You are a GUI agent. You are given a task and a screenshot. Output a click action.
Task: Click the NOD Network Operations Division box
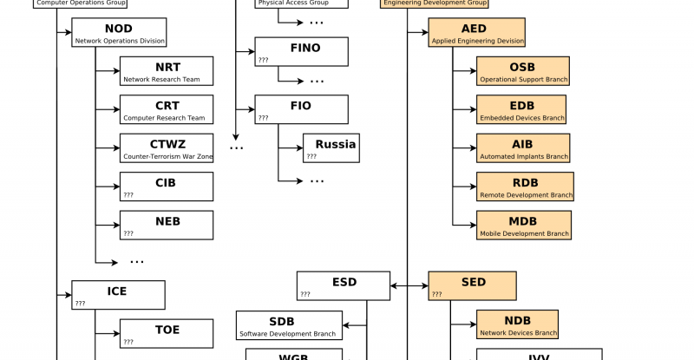(x=119, y=33)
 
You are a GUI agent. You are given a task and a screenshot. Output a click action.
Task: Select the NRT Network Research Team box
(x=167, y=71)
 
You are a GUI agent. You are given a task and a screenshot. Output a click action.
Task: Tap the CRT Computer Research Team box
(x=167, y=109)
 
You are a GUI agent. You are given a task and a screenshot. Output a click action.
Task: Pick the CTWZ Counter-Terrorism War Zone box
(x=167, y=148)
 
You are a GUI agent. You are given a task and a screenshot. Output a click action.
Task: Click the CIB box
(x=167, y=187)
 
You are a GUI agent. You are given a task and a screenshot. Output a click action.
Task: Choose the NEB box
(x=167, y=225)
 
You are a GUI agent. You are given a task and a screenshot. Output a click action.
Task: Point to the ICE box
(x=118, y=295)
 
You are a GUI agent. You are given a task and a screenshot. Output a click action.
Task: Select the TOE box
(x=167, y=334)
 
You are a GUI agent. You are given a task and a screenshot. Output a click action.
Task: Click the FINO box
(x=301, y=52)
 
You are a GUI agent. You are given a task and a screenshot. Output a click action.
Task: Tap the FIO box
(x=301, y=110)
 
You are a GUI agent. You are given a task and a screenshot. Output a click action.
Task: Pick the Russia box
(x=331, y=148)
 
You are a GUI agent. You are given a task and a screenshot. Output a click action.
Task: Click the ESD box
(x=344, y=286)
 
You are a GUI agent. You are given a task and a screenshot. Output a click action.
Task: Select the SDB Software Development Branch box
(x=289, y=325)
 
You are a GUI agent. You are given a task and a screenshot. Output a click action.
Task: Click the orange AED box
(x=476, y=33)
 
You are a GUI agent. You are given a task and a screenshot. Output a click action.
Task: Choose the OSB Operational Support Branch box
(x=523, y=71)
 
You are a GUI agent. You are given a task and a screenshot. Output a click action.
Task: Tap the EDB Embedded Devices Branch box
(x=523, y=109)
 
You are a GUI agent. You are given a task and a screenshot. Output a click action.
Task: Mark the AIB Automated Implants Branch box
(x=523, y=148)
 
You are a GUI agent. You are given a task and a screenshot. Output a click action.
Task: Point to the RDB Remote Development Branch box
(x=525, y=187)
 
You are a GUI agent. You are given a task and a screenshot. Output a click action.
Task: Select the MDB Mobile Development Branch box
(x=524, y=225)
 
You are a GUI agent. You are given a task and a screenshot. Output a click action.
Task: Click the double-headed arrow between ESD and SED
(x=409, y=285)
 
